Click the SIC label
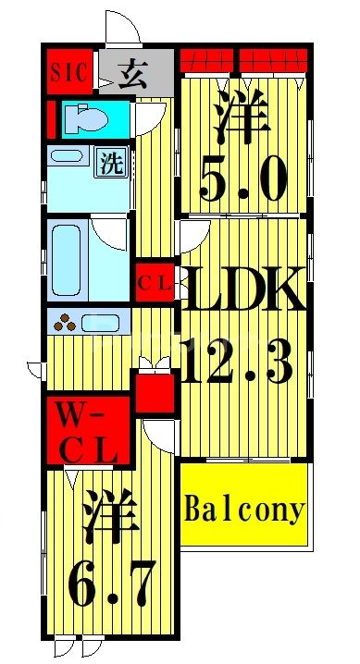point(68,72)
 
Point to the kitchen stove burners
point(66,324)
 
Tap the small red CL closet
point(155,283)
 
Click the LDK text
point(243,290)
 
